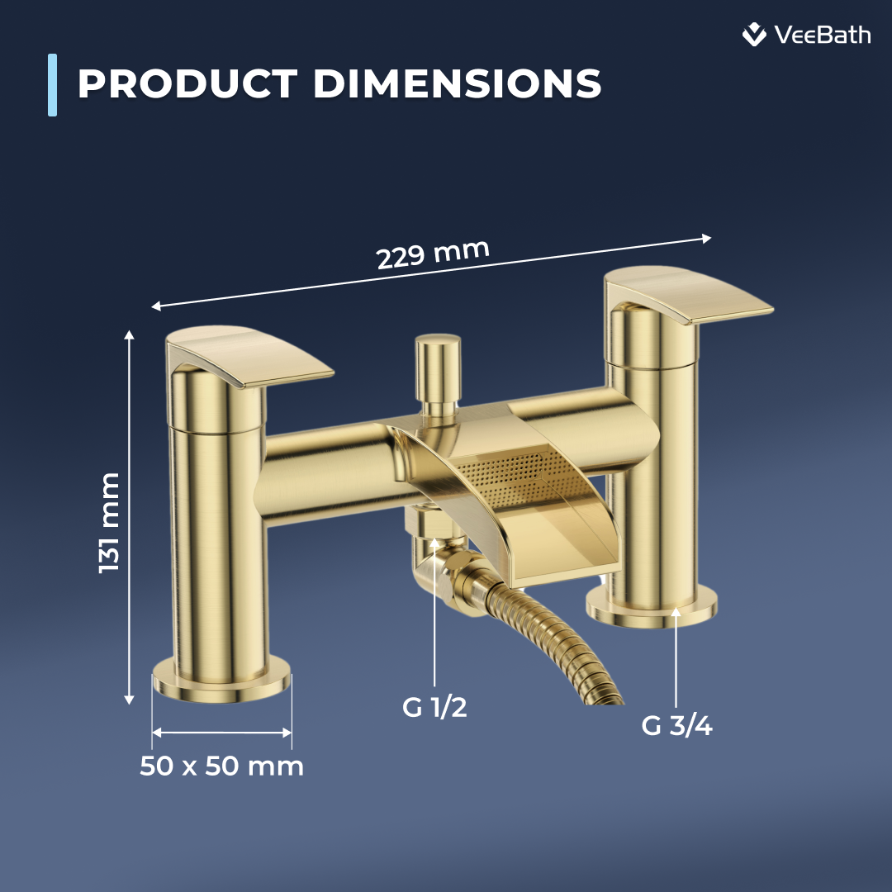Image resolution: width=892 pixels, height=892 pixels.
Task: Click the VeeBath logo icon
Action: (754, 35)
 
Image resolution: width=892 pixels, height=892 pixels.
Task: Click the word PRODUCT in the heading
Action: (187, 84)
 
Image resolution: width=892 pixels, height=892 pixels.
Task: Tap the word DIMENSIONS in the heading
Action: (457, 84)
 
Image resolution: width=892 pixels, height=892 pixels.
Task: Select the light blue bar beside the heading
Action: (53, 84)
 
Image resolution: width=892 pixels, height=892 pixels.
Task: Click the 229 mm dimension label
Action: (433, 254)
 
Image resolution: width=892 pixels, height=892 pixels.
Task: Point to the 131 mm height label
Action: (109, 522)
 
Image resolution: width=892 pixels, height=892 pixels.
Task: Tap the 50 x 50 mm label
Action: (221, 766)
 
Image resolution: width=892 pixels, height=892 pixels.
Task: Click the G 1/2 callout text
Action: (434, 708)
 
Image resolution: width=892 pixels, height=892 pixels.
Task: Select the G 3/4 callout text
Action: (676, 726)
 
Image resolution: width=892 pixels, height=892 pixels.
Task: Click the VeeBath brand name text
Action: (822, 35)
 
